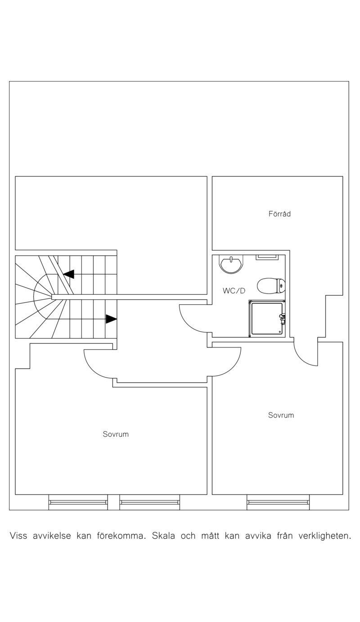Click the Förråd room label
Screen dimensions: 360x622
[279, 214]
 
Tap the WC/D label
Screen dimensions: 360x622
[234, 291]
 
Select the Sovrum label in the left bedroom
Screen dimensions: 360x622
[116, 434]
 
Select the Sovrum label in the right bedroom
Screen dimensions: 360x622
[281, 415]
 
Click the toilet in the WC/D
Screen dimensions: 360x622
[271, 286]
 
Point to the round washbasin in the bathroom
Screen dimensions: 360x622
[231, 264]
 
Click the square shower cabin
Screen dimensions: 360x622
[267, 319]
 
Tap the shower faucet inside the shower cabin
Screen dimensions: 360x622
[282, 319]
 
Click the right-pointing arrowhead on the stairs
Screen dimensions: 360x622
[111, 319]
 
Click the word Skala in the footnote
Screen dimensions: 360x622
[163, 536]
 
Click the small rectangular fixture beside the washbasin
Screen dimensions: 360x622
[267, 257]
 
